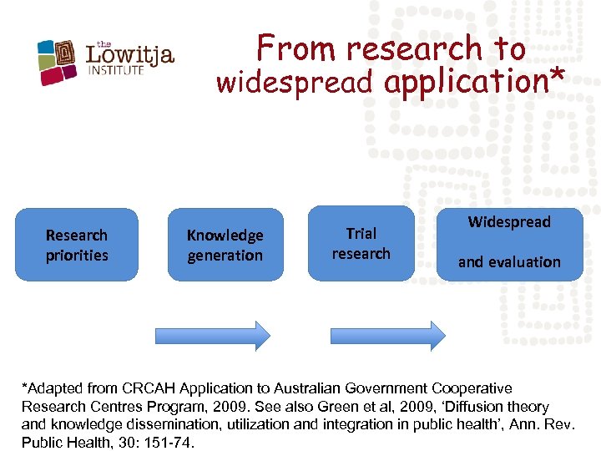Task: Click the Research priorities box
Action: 77,245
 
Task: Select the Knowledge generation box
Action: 225,245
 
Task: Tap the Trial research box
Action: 361,243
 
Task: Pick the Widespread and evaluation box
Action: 509,243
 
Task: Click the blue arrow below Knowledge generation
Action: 213,336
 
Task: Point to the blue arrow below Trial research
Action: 388,336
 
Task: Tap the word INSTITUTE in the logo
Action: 116,70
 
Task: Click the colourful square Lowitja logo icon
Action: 58,61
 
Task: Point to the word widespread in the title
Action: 295,83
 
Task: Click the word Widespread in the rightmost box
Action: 509,222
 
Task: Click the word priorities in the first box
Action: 77,256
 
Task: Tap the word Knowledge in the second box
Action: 225,236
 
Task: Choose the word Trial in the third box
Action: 361,233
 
